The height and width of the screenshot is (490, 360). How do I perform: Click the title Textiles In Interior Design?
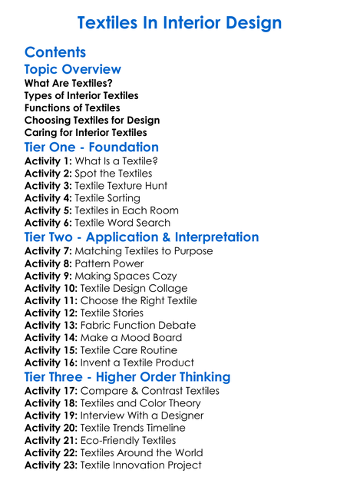pyautogui.click(x=180, y=23)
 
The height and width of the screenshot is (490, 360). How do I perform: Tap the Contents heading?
pyautogui.click(x=55, y=52)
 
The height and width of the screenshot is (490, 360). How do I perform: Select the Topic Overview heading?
pyautogui.click(x=73, y=69)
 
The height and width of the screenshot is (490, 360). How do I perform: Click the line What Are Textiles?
pyautogui.click(x=68, y=83)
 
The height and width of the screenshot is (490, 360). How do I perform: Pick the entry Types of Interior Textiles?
pyautogui.click(x=81, y=95)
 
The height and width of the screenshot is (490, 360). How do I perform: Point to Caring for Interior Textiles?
pyautogui.click(x=85, y=132)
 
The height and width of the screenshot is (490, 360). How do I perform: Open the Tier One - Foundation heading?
pyautogui.click(x=91, y=147)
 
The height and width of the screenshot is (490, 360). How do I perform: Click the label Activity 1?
pyautogui.click(x=48, y=161)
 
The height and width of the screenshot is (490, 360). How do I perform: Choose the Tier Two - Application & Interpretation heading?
pyautogui.click(x=141, y=237)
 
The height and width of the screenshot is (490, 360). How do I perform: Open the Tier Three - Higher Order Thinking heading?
pyautogui.click(x=127, y=376)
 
